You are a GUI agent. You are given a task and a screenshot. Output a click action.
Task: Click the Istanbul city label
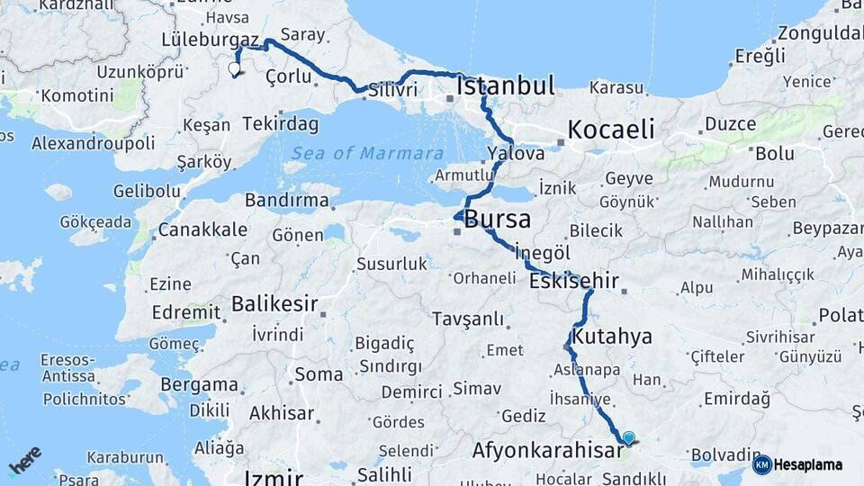click(505, 86)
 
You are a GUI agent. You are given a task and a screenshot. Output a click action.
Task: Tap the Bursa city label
click(497, 220)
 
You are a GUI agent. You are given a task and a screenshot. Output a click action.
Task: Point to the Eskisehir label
click(574, 282)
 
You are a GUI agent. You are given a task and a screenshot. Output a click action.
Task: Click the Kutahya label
click(611, 337)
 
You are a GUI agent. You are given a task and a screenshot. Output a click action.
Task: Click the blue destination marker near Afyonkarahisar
click(628, 437)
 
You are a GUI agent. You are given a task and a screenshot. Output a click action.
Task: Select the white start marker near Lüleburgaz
click(235, 68)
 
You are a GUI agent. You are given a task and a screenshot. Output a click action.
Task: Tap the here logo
click(25, 461)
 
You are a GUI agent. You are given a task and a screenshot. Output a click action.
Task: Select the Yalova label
click(516, 153)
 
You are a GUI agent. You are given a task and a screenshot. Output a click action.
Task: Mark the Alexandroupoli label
click(93, 143)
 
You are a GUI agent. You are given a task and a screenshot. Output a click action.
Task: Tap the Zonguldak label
click(820, 34)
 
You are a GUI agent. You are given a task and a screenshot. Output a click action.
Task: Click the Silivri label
click(393, 90)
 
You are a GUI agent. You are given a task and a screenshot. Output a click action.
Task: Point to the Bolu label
click(774, 153)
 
